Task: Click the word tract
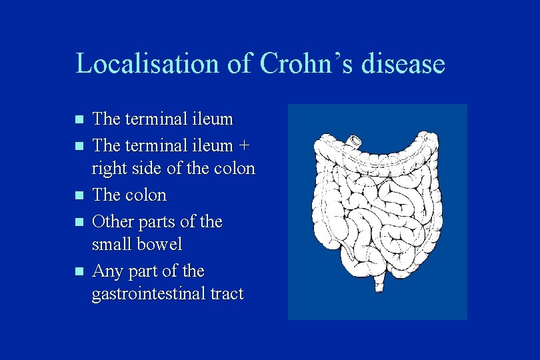(x=225, y=295)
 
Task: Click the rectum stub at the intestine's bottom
(x=379, y=285)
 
